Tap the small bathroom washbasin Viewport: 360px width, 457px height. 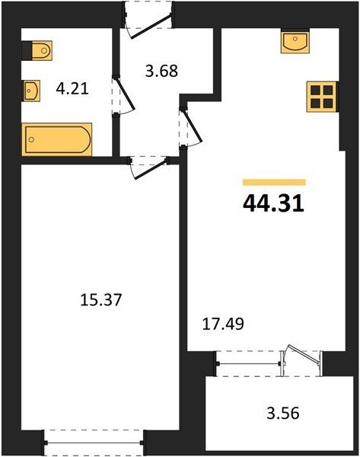tap(31, 91)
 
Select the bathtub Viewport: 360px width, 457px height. tap(57, 139)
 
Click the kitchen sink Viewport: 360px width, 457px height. tap(295, 41)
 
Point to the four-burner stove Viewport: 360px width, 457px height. tap(321, 97)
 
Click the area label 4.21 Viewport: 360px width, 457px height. tap(72, 88)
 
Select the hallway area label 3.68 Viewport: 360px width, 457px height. tap(161, 71)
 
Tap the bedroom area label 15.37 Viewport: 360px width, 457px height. tap(100, 300)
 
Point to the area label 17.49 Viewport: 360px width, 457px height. tap(223, 324)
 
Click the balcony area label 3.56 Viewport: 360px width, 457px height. tap(283, 413)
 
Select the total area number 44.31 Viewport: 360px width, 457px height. tap(273, 203)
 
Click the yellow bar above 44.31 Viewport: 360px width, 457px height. tap(274, 182)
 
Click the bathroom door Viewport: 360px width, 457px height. tap(124, 94)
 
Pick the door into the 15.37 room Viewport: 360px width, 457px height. tap(149, 168)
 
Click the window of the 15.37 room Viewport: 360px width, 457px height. tap(94, 443)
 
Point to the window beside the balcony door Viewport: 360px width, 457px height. tap(248, 363)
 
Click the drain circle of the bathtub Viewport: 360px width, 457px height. tap(31, 139)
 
